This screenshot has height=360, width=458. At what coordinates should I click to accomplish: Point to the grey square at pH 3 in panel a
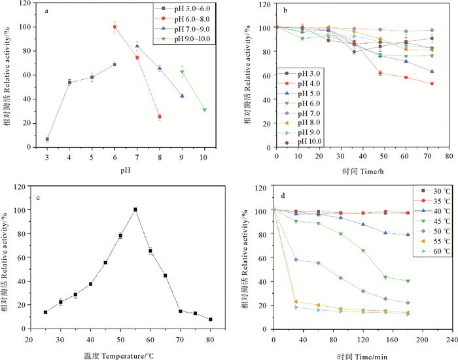[x=47, y=139]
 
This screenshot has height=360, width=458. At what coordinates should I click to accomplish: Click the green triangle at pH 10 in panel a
[x=205, y=110]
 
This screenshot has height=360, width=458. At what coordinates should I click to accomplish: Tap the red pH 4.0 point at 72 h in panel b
[x=431, y=84]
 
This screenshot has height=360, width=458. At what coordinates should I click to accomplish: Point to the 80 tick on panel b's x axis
[x=448, y=157]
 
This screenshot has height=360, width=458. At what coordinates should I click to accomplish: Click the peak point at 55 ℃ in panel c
[x=135, y=209]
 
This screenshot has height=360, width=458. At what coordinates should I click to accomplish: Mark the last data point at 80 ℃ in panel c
[x=210, y=319]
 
